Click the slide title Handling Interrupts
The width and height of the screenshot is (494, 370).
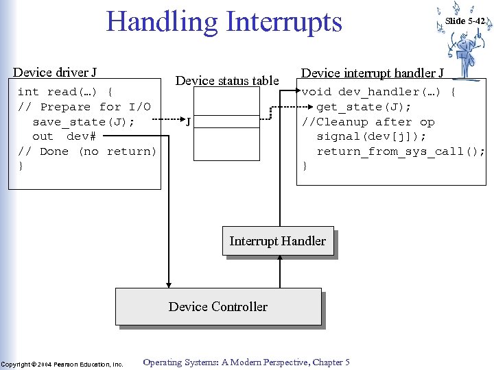pos(224,22)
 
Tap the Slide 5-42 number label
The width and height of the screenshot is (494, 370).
pos(464,21)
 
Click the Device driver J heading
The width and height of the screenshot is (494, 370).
pos(55,73)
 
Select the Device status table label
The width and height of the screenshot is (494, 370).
pos(227,81)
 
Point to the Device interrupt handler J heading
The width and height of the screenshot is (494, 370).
pos(373,73)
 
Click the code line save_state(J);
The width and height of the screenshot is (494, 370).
pos(83,122)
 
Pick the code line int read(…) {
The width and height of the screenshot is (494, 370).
pos(65,92)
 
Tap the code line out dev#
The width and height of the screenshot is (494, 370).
pos(63,136)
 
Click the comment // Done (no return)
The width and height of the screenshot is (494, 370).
pos(87,151)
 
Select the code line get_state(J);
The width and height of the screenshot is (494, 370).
pos(364,107)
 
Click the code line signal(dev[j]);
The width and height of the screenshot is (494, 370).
pos(371,136)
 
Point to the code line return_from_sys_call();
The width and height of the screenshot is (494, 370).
pos(400,151)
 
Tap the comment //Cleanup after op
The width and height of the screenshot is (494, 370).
pos(368,122)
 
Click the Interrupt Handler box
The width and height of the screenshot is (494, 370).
pos(278,241)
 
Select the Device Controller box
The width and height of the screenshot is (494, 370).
pos(218,306)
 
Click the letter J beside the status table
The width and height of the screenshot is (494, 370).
pos(188,123)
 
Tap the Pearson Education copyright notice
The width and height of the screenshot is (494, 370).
pos(62,364)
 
